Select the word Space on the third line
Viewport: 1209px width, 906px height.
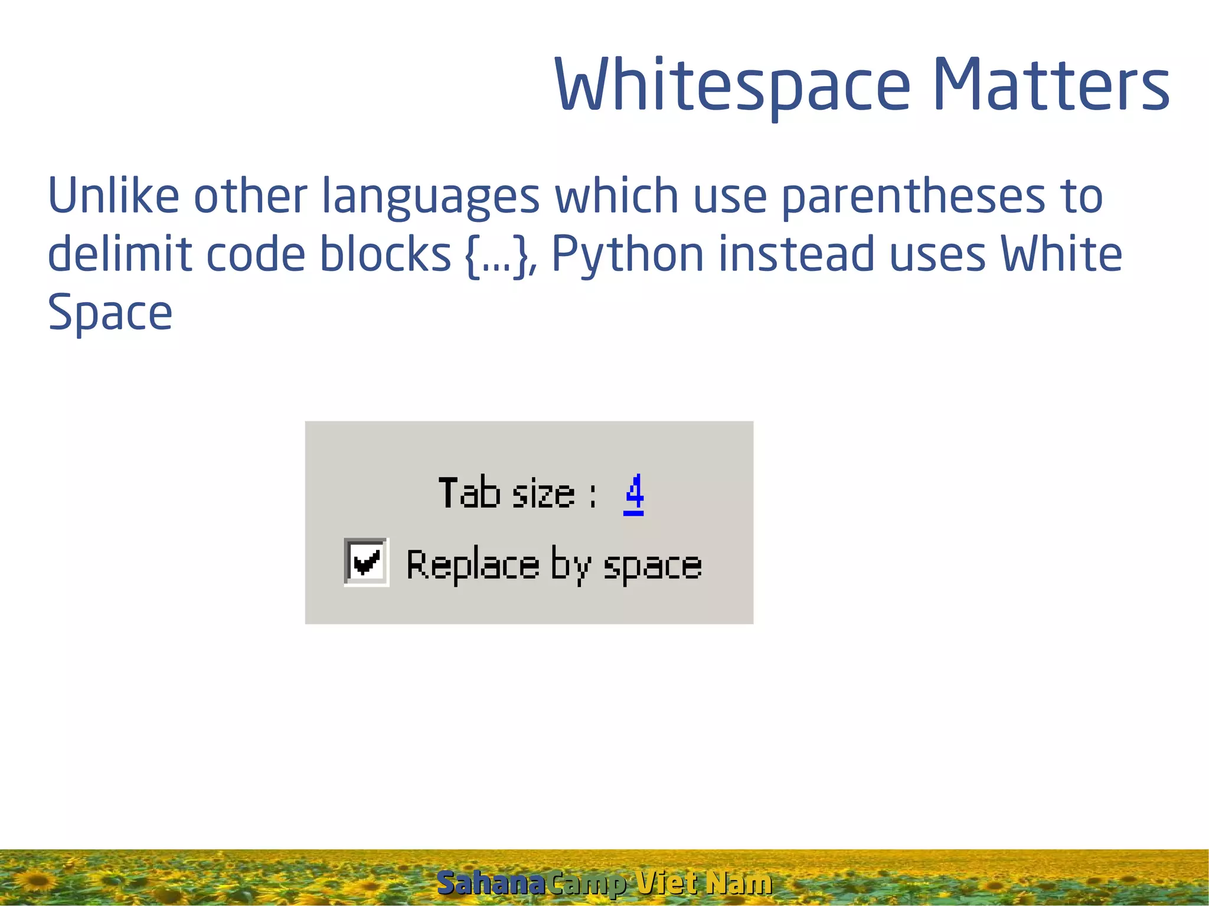tap(110, 313)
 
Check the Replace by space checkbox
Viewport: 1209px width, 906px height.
tap(366, 561)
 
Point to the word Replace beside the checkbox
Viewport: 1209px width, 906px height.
tap(473, 565)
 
